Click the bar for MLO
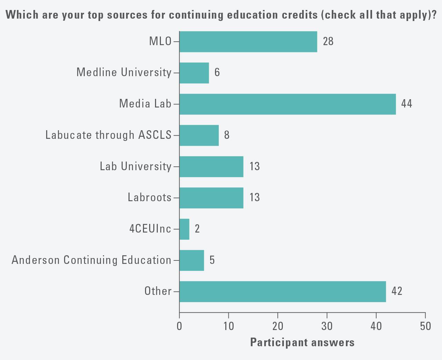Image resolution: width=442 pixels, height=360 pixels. click(x=248, y=42)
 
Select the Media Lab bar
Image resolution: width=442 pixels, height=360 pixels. click(x=287, y=104)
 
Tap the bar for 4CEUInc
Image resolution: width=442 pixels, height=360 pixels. click(x=184, y=229)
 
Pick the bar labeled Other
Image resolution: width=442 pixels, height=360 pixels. click(x=282, y=291)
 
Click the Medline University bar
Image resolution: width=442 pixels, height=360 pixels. click(x=194, y=73)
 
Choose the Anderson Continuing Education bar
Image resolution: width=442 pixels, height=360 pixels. click(x=192, y=260)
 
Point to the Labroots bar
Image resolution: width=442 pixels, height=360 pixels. click(x=211, y=198)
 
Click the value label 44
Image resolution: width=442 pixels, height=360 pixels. click(x=407, y=104)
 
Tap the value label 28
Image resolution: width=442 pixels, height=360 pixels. click(x=328, y=41)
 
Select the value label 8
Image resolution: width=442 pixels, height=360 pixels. click(x=227, y=135)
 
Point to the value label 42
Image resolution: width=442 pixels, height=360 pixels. click(x=397, y=291)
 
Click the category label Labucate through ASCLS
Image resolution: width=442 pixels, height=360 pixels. click(x=108, y=135)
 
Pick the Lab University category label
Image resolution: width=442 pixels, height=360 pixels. click(x=135, y=166)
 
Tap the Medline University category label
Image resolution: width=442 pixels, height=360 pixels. click(x=124, y=72)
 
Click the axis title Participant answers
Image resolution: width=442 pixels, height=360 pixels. click(x=302, y=342)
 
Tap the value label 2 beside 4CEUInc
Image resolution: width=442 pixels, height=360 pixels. click(x=197, y=229)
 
